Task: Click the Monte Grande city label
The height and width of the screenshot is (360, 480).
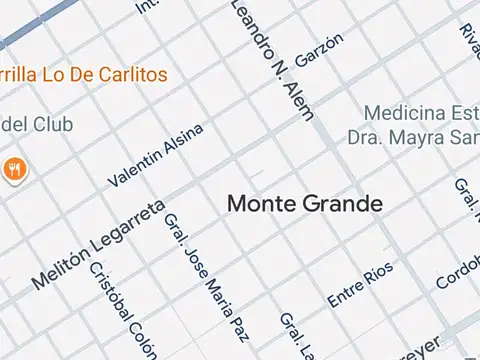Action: point(305,204)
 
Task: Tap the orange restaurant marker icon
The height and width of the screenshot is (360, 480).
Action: point(14,168)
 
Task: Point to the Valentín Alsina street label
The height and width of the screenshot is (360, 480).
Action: point(156,155)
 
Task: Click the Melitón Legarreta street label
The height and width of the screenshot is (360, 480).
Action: point(97,245)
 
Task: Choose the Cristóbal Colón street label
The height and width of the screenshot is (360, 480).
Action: point(123,310)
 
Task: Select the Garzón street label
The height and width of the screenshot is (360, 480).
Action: point(319,49)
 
